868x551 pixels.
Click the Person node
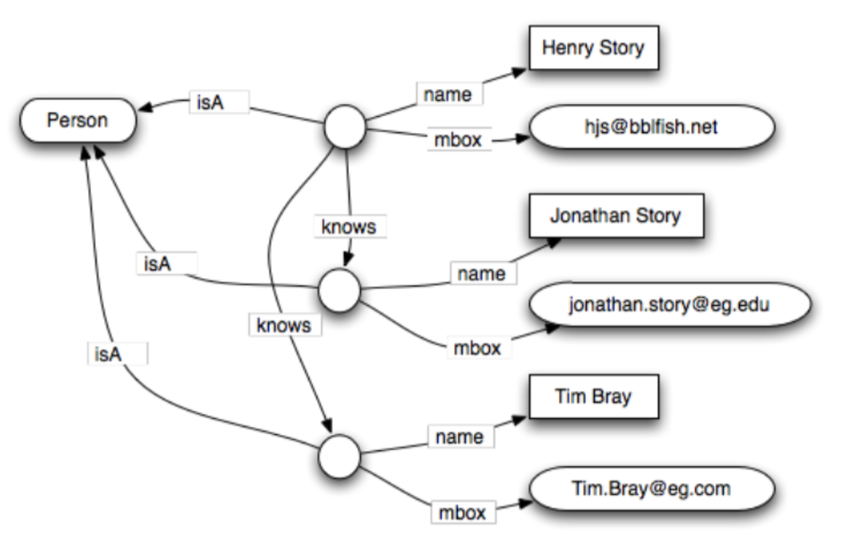(77, 120)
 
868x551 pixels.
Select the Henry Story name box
(594, 49)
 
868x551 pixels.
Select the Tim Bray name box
(593, 397)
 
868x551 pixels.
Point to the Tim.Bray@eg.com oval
(651, 489)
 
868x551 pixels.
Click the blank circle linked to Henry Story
(345, 128)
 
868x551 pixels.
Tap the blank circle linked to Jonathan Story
(339, 290)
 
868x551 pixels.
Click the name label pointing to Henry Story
(448, 95)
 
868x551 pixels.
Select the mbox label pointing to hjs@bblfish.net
(458, 141)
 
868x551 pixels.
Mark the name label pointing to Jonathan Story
(481, 274)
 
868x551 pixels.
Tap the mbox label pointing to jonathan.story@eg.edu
(478, 348)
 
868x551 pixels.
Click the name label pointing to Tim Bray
(459, 437)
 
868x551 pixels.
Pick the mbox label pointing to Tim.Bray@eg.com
(462, 512)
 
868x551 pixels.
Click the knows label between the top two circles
(348, 227)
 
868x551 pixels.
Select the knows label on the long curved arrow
(285, 325)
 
